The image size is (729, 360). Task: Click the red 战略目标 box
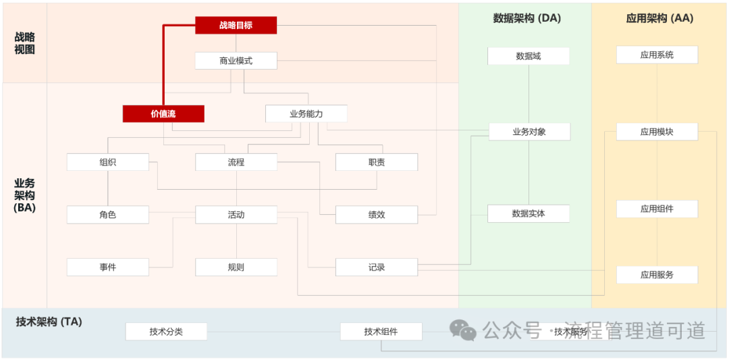236,25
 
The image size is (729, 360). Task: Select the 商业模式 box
236,61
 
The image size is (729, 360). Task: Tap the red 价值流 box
163,113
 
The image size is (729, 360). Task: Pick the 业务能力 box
306,113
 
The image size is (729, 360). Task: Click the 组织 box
107,162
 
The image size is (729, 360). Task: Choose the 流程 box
236,162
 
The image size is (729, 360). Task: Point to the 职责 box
377,162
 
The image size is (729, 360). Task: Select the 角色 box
107,215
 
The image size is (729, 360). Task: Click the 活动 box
236,215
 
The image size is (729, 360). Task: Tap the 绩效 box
377,215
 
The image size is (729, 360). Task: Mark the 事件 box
107,267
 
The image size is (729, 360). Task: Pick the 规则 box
236,267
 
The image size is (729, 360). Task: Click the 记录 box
377,267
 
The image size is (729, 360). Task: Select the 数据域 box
529,56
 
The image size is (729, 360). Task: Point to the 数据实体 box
529,213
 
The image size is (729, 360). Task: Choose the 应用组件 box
657,209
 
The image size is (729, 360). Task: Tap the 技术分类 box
166,332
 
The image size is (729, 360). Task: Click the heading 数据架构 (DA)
527,18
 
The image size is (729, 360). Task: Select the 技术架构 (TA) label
49,322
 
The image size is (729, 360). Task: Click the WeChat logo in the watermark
463,330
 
